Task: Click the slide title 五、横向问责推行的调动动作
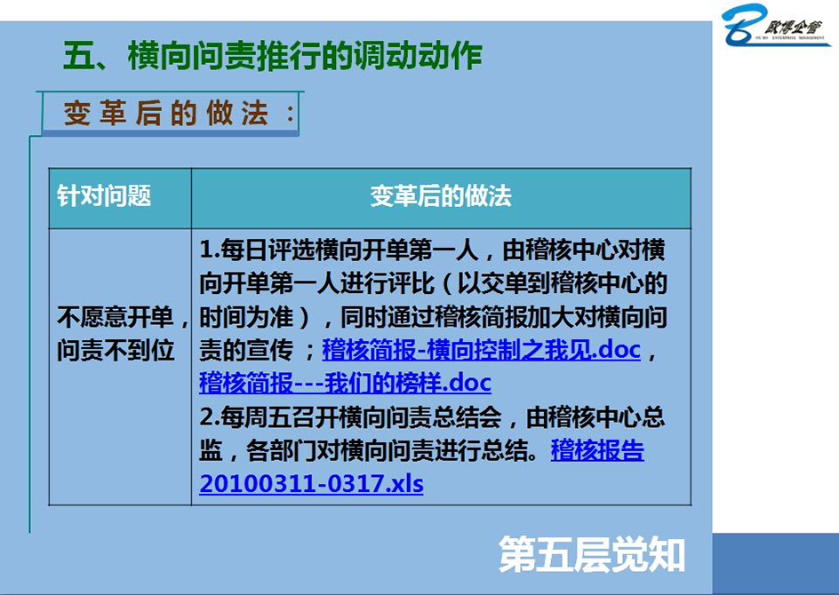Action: tap(273, 55)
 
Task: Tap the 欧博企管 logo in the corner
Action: tap(776, 25)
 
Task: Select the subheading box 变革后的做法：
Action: tap(170, 114)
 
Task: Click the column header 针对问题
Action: tap(104, 196)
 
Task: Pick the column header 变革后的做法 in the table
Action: tap(441, 196)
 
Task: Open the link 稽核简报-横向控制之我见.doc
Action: tap(481, 350)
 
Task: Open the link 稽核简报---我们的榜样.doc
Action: tap(345, 384)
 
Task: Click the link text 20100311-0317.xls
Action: tap(311, 484)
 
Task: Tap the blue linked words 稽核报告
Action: tap(597, 450)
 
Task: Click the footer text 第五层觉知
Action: tap(592, 554)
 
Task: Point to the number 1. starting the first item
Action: tap(210, 250)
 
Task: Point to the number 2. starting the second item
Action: tap(210, 417)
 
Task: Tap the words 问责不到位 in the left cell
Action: tap(116, 350)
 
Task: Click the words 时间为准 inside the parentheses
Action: tap(246, 317)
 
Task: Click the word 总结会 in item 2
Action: tap(467, 417)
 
